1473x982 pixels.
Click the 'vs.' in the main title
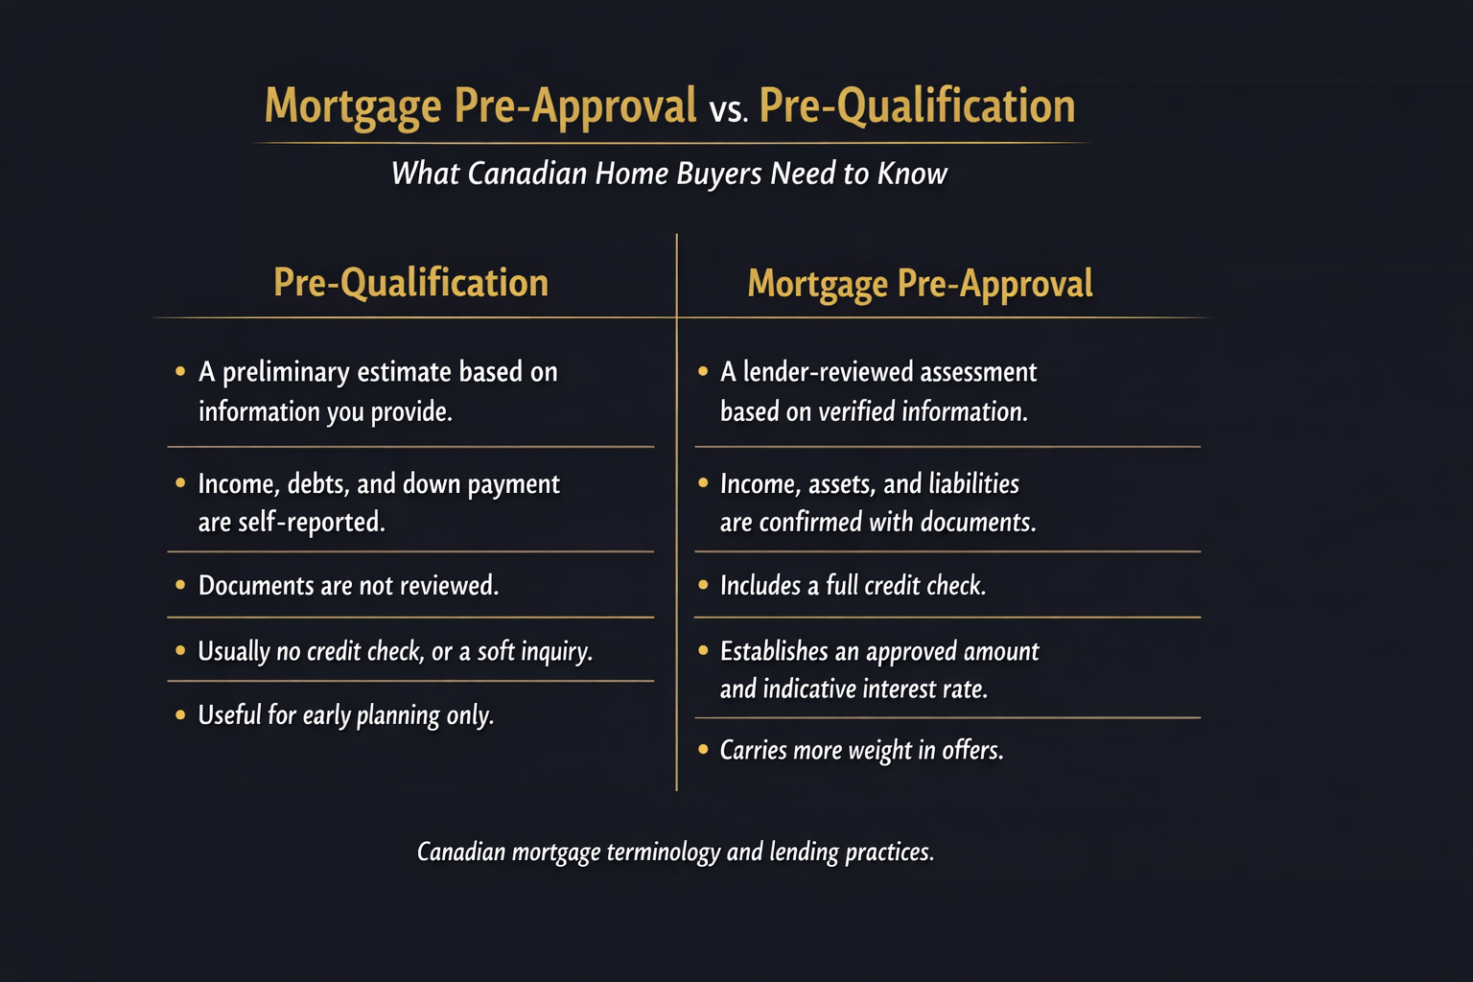tap(728, 109)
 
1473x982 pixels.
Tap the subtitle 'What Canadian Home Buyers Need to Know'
tap(669, 174)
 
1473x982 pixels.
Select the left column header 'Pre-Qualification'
tap(410, 283)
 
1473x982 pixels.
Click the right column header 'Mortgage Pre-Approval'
tap(920, 284)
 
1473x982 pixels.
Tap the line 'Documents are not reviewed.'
tap(348, 586)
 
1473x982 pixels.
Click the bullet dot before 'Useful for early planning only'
tap(180, 714)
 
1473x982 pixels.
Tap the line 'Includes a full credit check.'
tap(853, 586)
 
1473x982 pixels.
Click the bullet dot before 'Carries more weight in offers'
tap(703, 749)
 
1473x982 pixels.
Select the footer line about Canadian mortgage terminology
tap(675, 853)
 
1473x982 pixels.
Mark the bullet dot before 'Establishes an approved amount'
tap(703, 651)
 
